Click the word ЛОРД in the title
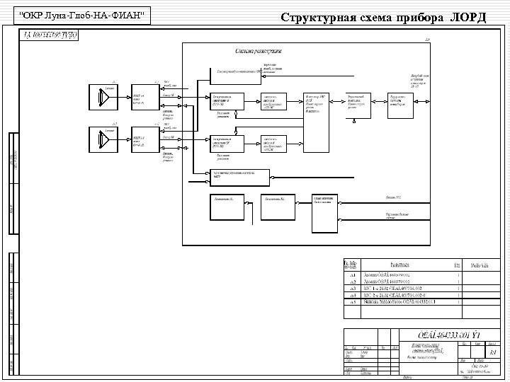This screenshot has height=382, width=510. pyautogui.click(x=468, y=16)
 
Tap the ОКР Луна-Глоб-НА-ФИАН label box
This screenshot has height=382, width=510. pyautogui.click(x=84, y=15)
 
